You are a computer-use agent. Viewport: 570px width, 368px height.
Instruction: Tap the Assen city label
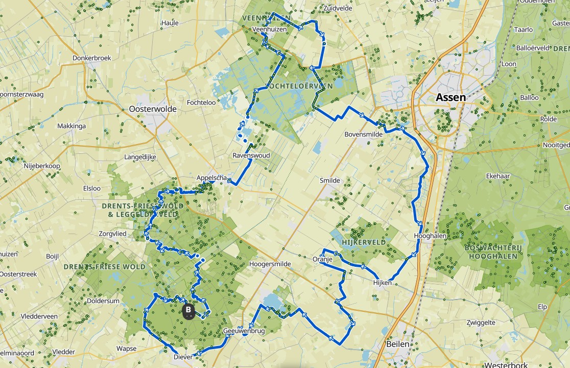point(450,97)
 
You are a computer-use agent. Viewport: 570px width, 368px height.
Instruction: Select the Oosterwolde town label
point(153,109)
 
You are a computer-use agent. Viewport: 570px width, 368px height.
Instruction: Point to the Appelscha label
point(211,178)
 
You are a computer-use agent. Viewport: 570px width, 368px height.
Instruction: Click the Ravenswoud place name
point(251,155)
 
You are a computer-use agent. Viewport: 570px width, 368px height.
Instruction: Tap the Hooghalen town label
point(430,236)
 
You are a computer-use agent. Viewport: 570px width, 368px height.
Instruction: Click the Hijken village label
point(383,282)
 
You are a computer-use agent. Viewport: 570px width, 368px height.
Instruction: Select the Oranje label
point(322,260)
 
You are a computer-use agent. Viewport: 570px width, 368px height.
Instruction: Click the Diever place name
point(183,357)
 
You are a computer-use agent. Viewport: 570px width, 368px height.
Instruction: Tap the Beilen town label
point(397,344)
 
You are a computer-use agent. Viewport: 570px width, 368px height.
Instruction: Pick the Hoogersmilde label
point(270,264)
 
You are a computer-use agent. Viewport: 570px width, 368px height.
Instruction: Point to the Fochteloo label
point(201,102)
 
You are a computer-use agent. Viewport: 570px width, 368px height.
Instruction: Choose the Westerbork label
point(502,365)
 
